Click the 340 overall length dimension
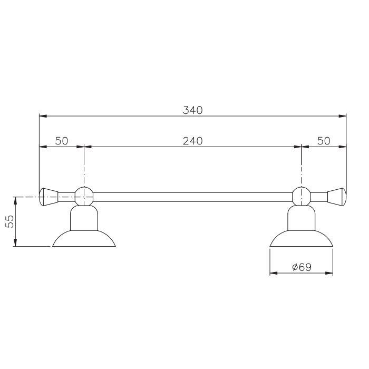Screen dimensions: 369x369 click(193, 110)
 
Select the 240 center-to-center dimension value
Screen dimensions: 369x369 click(193, 141)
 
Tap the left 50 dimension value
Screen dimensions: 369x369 click(62, 141)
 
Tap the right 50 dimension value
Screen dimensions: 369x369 click(324, 141)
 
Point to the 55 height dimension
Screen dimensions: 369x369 click(9, 221)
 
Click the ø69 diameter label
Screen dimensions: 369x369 click(302, 267)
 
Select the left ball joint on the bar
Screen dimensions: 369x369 click(84, 196)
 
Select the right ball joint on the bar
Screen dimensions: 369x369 click(302, 196)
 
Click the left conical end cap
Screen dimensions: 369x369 click(48, 197)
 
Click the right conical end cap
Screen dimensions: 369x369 click(337, 197)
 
